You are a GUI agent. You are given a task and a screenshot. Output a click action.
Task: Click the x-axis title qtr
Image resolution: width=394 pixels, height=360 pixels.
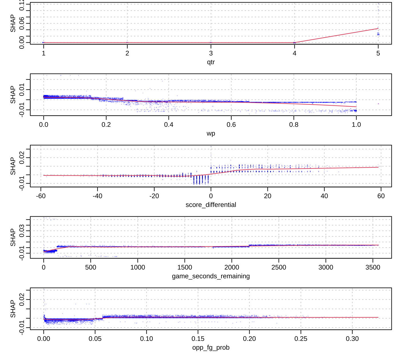click(211, 62)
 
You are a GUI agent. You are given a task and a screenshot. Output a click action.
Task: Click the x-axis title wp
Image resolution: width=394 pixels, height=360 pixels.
click(211, 133)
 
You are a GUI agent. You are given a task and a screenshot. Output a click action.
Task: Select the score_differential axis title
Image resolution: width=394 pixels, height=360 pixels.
click(211, 205)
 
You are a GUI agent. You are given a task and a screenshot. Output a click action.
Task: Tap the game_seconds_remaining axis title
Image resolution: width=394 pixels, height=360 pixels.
click(211, 276)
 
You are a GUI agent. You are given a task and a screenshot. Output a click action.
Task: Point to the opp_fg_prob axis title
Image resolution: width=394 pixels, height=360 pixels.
click(211, 347)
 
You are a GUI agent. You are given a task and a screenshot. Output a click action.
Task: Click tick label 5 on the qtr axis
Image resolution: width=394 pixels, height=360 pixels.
click(378, 53)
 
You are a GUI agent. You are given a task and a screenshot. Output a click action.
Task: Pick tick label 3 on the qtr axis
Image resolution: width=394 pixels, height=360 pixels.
click(211, 53)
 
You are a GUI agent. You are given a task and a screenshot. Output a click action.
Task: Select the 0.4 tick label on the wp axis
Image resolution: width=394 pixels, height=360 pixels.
click(169, 124)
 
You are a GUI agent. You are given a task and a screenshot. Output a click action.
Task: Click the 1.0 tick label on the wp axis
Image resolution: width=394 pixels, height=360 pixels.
click(356, 124)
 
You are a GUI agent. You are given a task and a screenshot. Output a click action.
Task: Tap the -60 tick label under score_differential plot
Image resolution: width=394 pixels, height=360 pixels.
click(41, 196)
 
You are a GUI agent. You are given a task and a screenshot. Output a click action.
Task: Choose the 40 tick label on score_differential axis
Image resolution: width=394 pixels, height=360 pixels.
click(324, 196)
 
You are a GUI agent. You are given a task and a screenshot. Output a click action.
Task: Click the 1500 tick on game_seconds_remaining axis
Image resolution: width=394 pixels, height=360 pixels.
click(185, 267)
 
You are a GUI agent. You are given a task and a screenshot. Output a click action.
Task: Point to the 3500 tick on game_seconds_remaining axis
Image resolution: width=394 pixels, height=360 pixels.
click(373, 267)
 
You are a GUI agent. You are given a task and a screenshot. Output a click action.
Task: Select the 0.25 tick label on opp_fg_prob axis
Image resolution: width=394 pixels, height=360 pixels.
click(301, 339)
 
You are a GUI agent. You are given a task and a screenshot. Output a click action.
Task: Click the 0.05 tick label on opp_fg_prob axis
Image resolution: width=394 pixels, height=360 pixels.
click(95, 339)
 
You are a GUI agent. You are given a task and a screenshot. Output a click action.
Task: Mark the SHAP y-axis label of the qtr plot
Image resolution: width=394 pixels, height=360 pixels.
click(13, 23)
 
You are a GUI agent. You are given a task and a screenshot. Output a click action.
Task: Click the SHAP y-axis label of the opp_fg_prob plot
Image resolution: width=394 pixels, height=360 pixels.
click(13, 309)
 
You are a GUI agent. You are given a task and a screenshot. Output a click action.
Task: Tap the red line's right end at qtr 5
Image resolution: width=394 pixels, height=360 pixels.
click(378, 28)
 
